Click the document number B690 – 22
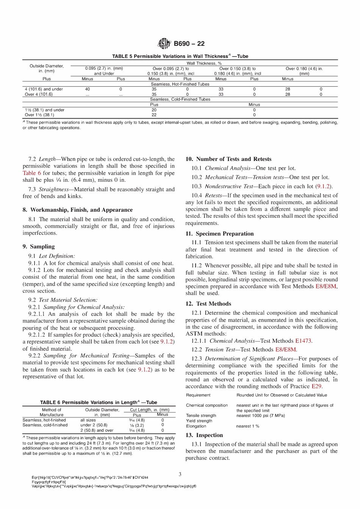[x=189, y=44]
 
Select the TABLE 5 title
[x=180, y=56]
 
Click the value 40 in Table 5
[x=88, y=89]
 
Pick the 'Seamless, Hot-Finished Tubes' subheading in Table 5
[x=180, y=84]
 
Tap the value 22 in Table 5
[x=154, y=115]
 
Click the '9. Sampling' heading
[x=39, y=247]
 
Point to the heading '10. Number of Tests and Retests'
[x=229, y=159]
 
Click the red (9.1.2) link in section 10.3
[x=324, y=186]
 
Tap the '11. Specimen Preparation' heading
[x=220, y=234]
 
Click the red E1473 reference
[x=303, y=341]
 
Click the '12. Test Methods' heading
[x=208, y=304]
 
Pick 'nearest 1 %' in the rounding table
[x=248, y=426]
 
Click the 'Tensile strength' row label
[x=201, y=415]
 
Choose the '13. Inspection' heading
[x=204, y=435]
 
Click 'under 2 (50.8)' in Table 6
[x=94, y=425]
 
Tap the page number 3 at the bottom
[x=180, y=474]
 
